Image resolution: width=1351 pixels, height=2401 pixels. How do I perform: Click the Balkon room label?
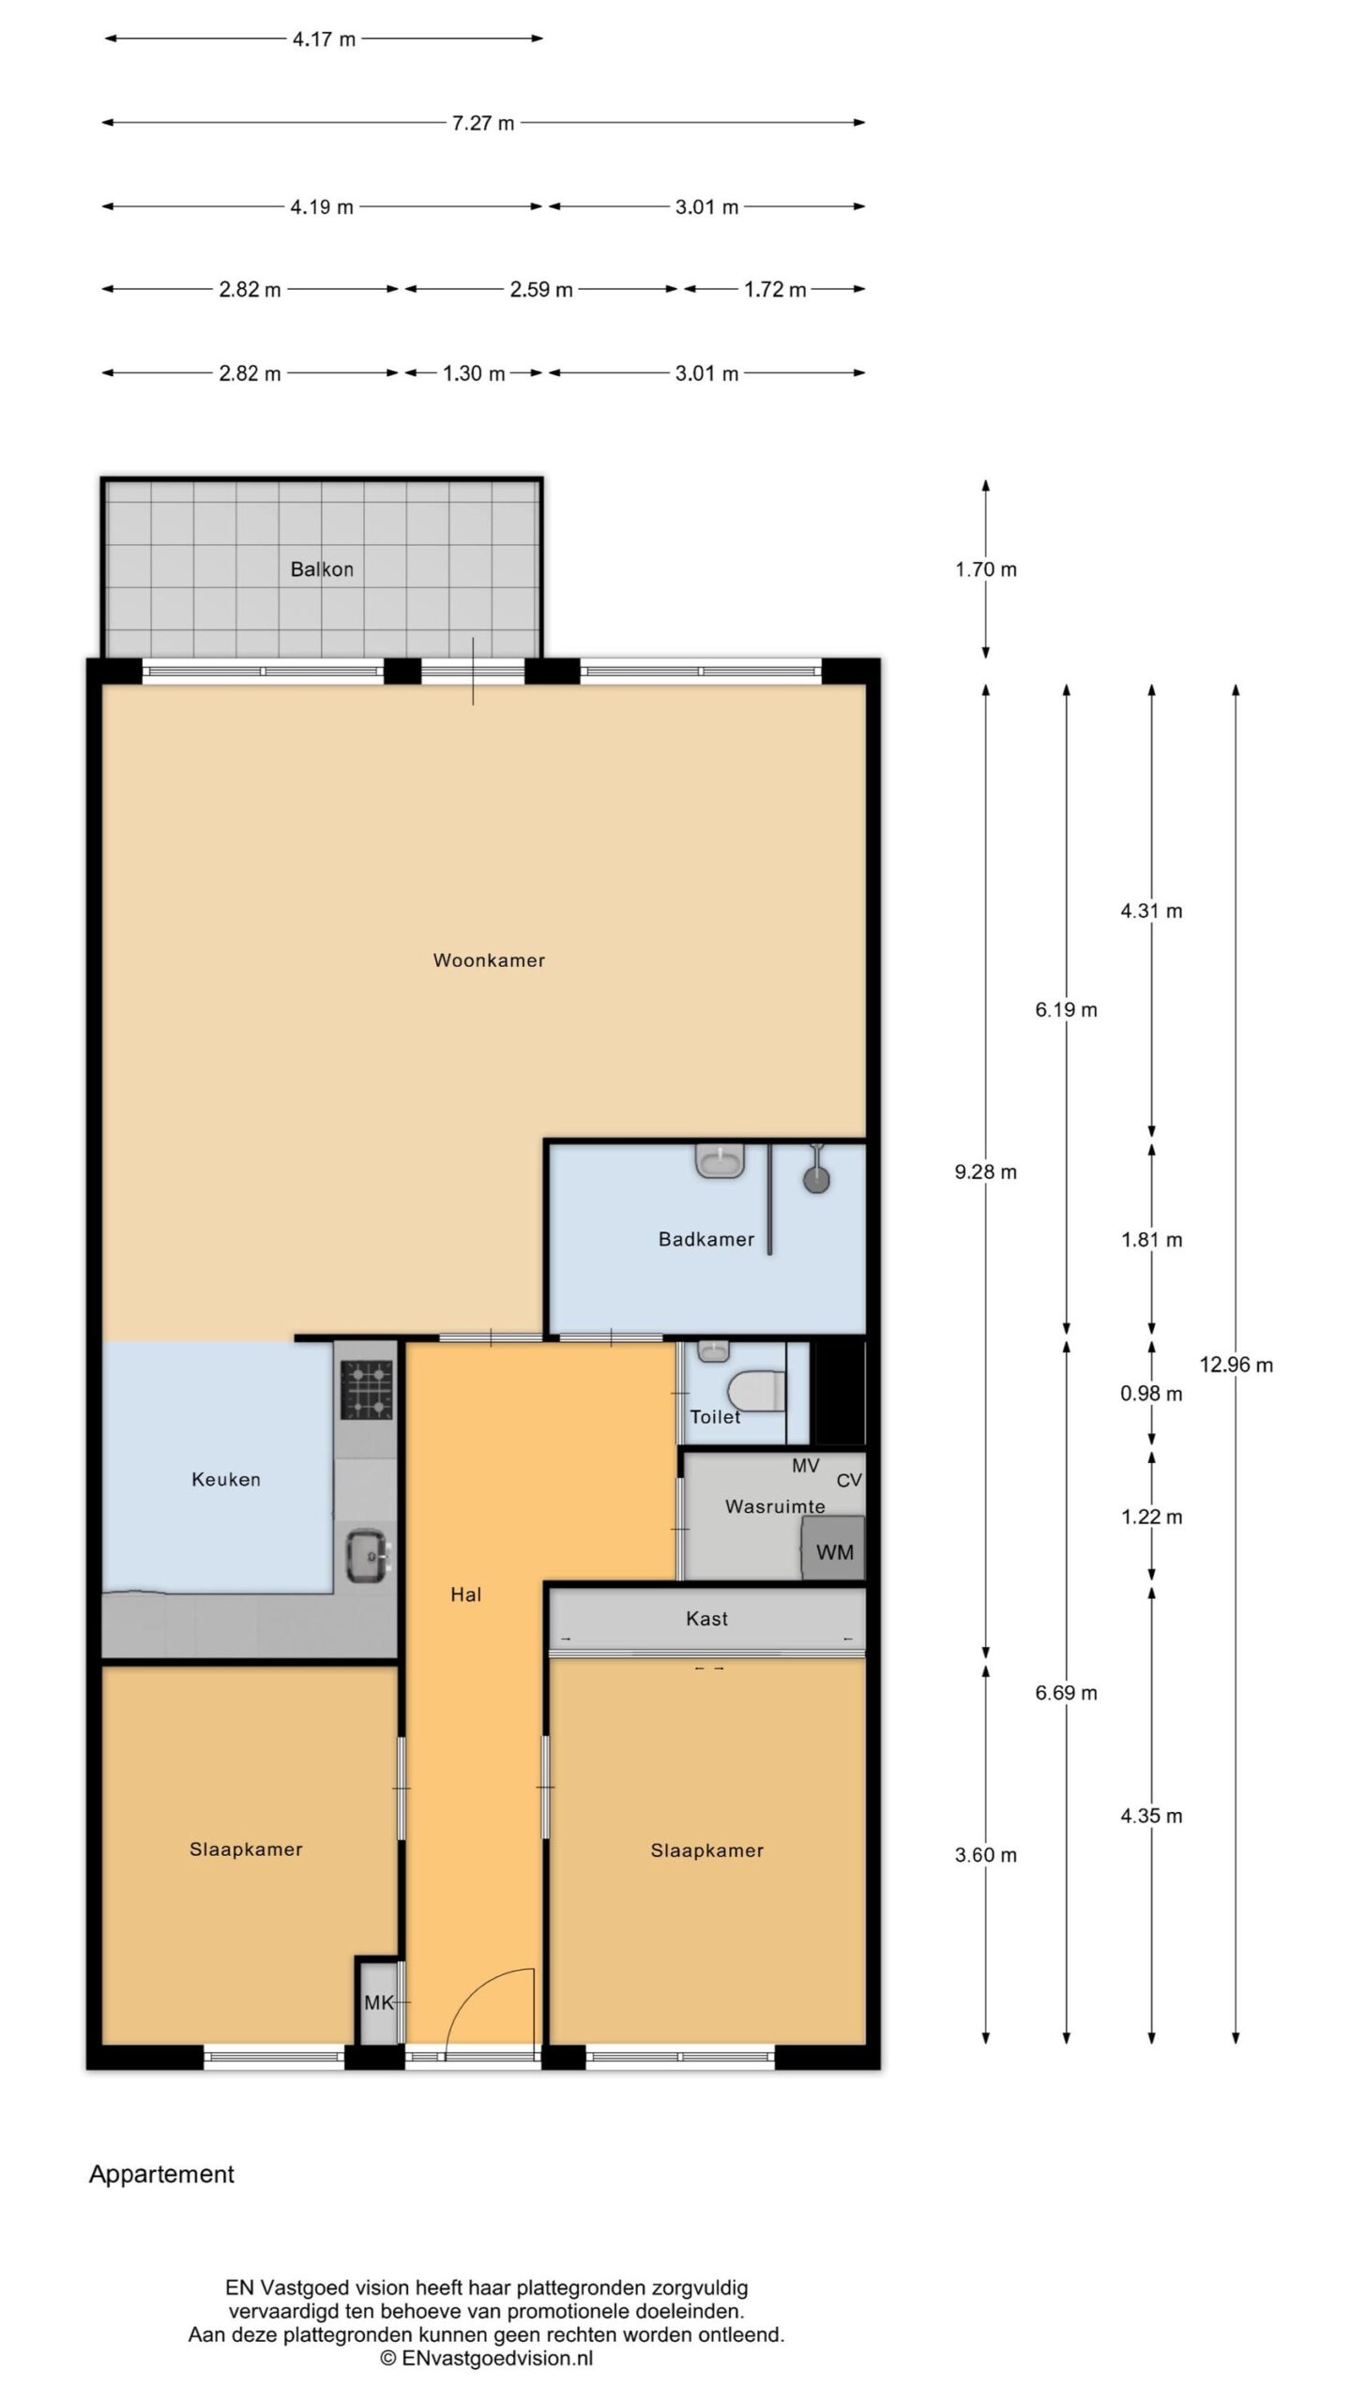click(322, 569)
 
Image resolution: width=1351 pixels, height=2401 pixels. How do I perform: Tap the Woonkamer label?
click(489, 960)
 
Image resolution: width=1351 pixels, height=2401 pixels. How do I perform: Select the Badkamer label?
click(706, 1239)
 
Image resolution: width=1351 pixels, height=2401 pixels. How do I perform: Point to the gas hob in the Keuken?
click(366, 1389)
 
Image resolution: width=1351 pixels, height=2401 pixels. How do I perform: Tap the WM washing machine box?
click(832, 1551)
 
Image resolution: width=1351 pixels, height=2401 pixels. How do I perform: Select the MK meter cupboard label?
click(379, 2002)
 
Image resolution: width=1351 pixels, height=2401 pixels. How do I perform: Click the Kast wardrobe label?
click(706, 1618)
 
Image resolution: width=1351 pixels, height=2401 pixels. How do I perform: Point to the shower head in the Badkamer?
click(817, 1177)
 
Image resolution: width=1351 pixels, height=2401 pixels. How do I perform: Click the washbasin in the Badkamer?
click(721, 1161)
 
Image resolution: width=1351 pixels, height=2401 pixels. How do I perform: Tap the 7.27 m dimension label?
click(483, 123)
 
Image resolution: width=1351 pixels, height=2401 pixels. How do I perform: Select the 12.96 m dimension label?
click(1237, 1365)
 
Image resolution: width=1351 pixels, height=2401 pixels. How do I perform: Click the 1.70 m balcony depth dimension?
click(986, 569)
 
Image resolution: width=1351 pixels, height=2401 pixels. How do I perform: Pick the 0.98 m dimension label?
click(1151, 1394)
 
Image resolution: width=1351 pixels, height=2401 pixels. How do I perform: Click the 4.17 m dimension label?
click(324, 39)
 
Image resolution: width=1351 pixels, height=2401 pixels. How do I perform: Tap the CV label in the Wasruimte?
click(849, 1480)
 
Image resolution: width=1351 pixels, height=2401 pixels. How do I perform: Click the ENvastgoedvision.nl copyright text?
click(487, 2358)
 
